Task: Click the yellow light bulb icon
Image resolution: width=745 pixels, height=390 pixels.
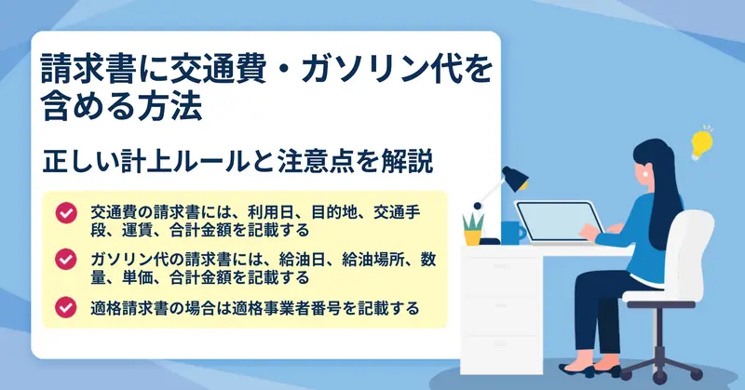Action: tap(701, 143)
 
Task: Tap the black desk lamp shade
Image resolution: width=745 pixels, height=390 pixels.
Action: tap(516, 179)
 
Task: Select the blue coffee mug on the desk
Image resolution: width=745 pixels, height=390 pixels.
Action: tap(512, 233)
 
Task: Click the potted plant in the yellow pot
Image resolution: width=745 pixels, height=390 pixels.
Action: tap(473, 229)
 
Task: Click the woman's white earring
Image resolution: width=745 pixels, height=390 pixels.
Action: tap(645, 173)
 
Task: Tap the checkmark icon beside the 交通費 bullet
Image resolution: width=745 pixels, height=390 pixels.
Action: tap(66, 213)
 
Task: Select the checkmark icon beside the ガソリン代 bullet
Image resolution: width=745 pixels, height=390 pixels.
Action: tap(66, 260)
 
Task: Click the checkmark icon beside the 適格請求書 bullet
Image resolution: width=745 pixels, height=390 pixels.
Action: tap(66, 307)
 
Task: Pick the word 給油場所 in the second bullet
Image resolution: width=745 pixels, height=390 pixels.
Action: tap(372, 260)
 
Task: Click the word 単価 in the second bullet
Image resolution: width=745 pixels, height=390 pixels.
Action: tap(137, 277)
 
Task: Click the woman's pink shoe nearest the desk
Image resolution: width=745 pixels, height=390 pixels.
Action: tap(576, 370)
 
